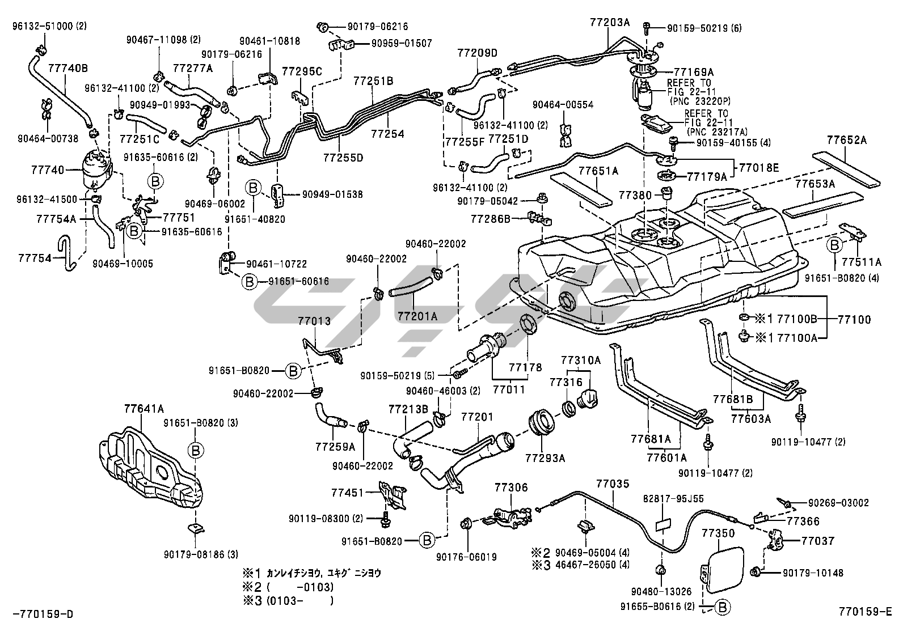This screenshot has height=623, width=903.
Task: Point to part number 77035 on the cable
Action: click(x=613, y=484)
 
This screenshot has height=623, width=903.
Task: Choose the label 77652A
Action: click(x=846, y=140)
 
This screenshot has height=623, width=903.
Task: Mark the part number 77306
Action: click(x=510, y=487)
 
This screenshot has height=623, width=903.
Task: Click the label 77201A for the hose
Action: click(x=417, y=316)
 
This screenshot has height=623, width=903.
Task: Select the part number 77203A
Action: click(x=610, y=23)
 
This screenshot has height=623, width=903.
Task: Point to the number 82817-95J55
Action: click(x=673, y=499)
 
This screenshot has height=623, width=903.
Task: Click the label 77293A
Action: click(x=545, y=458)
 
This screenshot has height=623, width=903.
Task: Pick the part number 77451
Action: click(x=348, y=493)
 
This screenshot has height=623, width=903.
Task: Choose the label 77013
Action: click(x=314, y=321)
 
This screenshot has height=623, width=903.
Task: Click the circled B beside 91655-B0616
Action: click(x=721, y=607)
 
